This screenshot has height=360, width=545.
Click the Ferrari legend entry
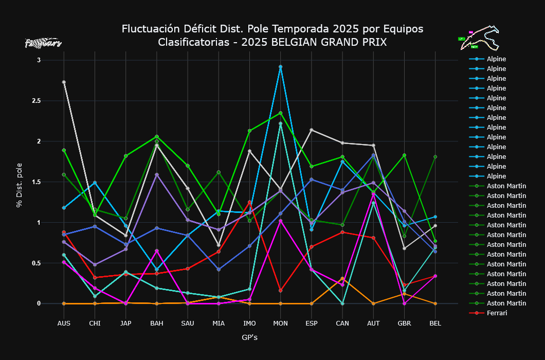pyautogui.click(x=496, y=313)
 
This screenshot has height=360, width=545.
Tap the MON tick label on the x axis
pyautogui.click(x=280, y=323)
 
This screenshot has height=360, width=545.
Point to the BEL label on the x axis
pyautogui.click(x=435, y=323)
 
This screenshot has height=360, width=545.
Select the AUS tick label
pyautogui.click(x=64, y=323)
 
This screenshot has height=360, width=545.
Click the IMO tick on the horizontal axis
pyautogui.click(x=249, y=323)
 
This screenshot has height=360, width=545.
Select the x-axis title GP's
pyautogui.click(x=249, y=338)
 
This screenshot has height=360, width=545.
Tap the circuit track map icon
pyautogui.click(x=479, y=38)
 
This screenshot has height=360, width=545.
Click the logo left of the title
pyautogui.click(x=43, y=43)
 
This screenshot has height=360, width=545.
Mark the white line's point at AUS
pyautogui.click(x=64, y=82)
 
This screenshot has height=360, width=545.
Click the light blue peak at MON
pyautogui.click(x=280, y=67)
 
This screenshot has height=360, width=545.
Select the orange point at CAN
pyautogui.click(x=342, y=278)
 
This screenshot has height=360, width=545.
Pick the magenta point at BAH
pyautogui.click(x=157, y=250)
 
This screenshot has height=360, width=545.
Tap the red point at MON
pyautogui.click(x=280, y=291)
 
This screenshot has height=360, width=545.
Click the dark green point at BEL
pyautogui.click(x=435, y=157)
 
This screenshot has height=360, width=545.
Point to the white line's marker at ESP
pyautogui.click(x=311, y=130)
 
